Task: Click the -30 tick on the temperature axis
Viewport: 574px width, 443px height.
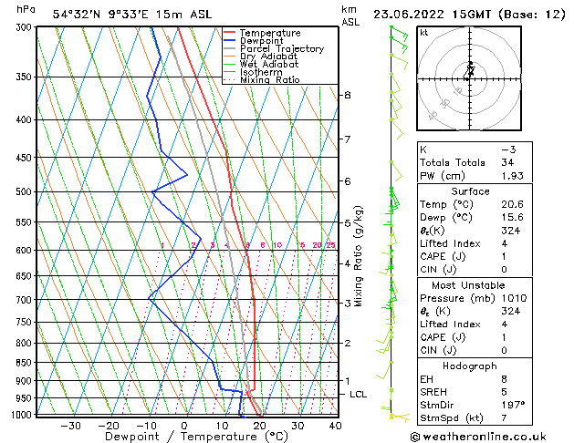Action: point(69,426)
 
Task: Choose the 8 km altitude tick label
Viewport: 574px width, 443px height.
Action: point(348,95)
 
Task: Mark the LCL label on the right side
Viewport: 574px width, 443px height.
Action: point(359,395)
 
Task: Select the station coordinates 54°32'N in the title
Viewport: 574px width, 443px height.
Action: point(75,14)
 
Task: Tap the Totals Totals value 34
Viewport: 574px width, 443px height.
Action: point(508,162)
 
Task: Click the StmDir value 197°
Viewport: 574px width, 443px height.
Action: point(514,405)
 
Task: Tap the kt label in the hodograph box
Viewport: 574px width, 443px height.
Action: point(424,33)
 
